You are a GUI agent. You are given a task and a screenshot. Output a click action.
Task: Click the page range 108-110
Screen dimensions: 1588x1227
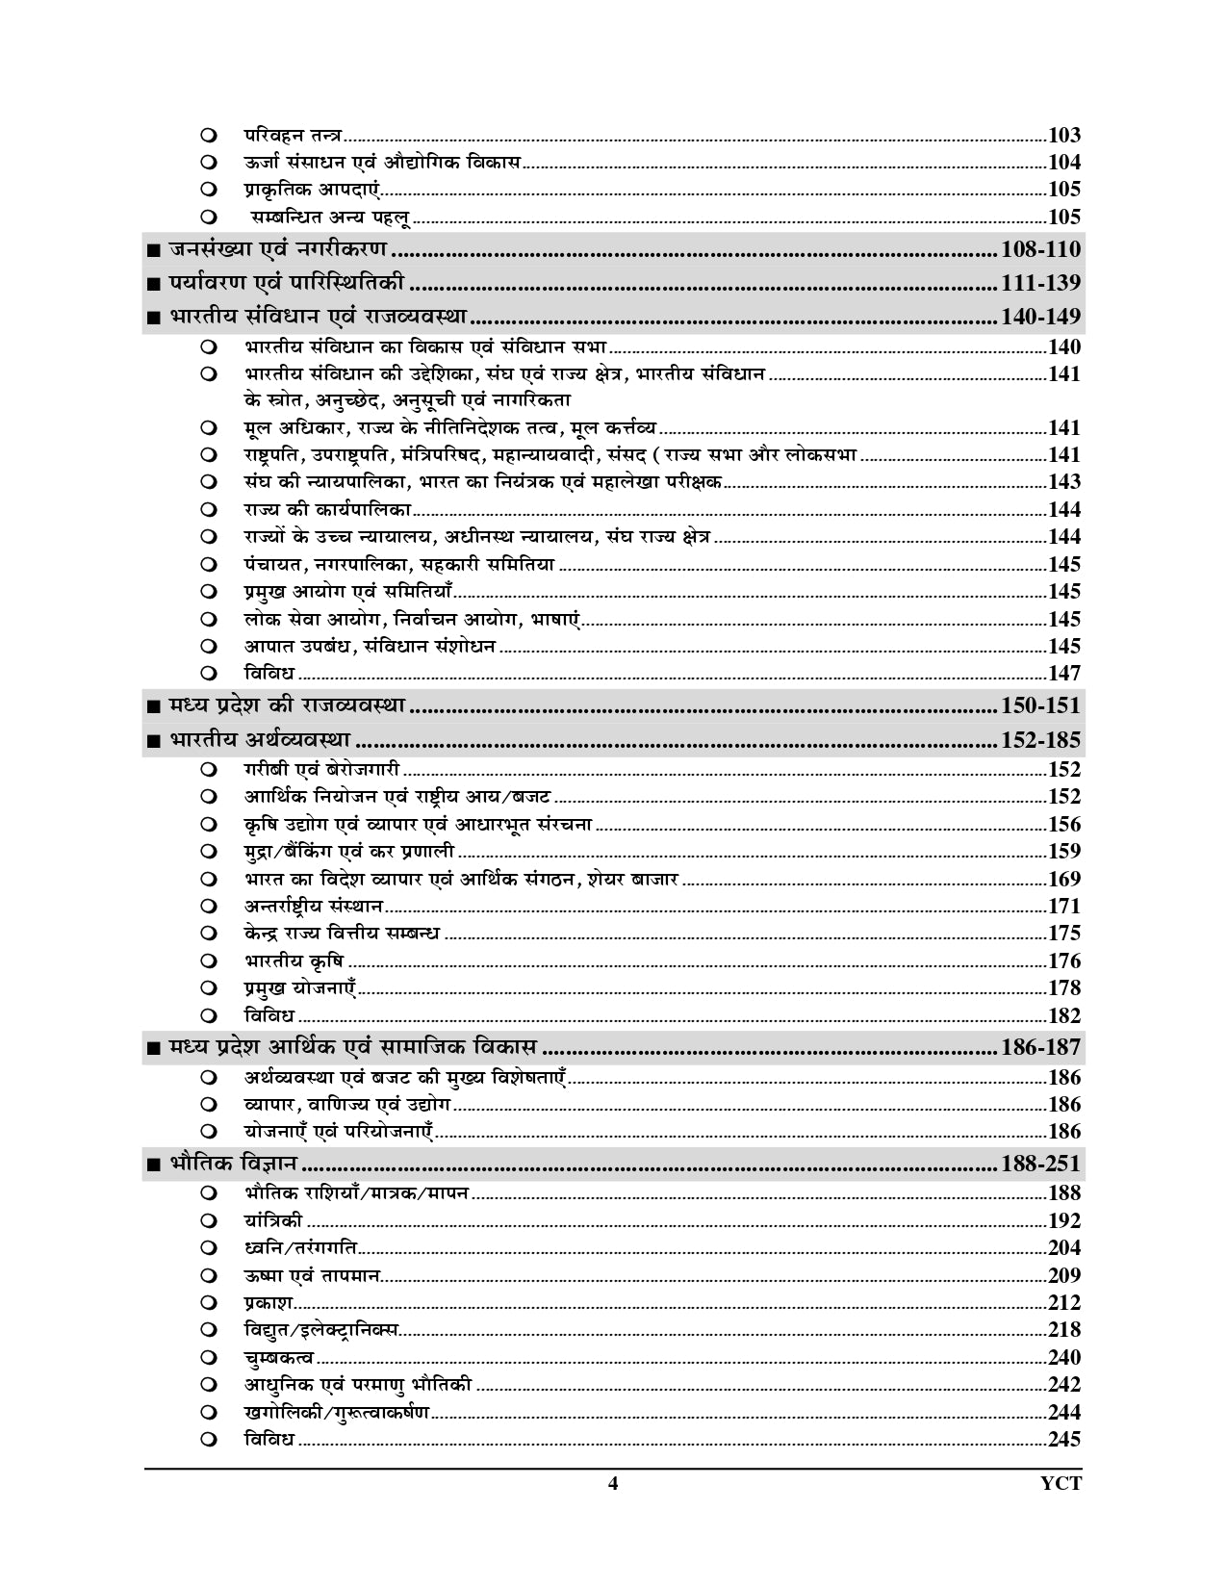click(1040, 249)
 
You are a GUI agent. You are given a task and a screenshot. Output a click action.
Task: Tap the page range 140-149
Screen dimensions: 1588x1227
click(1040, 316)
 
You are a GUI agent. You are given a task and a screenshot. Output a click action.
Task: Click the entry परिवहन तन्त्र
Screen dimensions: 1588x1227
click(294, 135)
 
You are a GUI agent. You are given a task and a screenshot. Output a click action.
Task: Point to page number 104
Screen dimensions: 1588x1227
click(1064, 162)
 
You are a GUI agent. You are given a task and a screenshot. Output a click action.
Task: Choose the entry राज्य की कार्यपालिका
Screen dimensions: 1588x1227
click(326, 509)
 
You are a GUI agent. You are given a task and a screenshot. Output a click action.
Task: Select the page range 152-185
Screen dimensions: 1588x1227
click(1040, 740)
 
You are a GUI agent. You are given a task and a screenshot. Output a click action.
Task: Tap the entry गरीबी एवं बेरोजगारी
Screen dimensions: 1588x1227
click(321, 769)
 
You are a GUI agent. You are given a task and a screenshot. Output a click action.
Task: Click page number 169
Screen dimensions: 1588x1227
click(1064, 879)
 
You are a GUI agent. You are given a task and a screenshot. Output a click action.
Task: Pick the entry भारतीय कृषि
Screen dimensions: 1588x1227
click(294, 960)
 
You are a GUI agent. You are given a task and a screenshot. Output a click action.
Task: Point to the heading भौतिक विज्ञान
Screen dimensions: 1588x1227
click(232, 1164)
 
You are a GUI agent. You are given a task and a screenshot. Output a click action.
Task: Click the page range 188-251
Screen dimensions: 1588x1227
click(1040, 1164)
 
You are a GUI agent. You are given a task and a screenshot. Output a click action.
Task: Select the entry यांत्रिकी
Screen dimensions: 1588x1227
click(273, 1220)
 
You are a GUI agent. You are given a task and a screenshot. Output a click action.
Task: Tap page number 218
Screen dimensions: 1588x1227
click(1064, 1330)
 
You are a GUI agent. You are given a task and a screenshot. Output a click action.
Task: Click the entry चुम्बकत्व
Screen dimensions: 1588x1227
click(279, 1357)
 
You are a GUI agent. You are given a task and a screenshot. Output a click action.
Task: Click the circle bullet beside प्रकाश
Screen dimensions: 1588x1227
click(209, 1303)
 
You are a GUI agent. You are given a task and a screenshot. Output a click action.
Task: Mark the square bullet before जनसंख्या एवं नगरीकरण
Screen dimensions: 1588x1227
click(153, 251)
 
